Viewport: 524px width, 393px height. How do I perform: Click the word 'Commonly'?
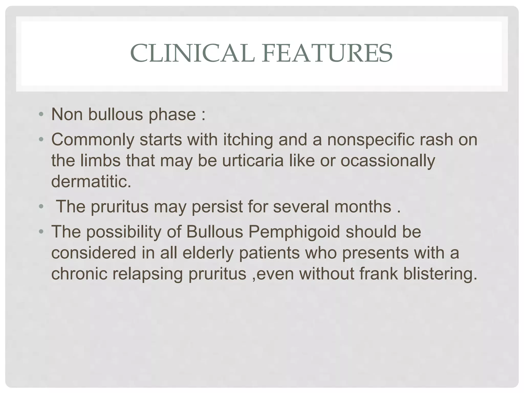point(93,140)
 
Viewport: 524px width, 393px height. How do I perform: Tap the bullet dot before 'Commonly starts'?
point(41,140)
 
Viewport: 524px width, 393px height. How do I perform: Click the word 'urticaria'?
point(253,161)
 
